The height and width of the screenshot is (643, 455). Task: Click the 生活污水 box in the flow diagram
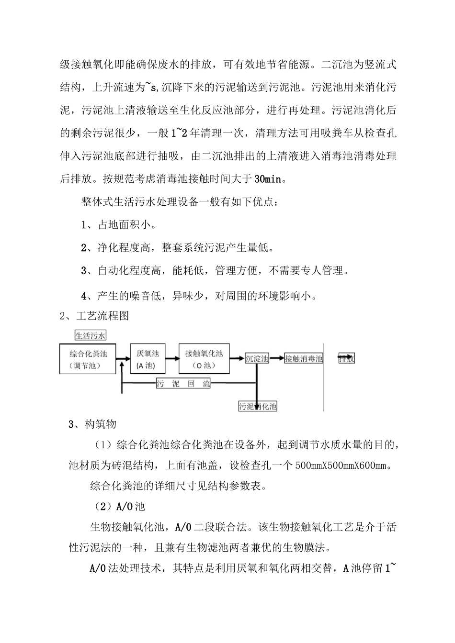[90, 335]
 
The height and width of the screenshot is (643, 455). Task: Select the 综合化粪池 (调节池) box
[88, 359]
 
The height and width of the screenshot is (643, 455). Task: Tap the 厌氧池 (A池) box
[148, 359]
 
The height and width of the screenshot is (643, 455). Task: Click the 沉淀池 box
[257, 358]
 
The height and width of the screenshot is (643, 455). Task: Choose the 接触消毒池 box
[304, 358]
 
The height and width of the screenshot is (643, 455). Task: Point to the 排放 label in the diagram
[346, 358]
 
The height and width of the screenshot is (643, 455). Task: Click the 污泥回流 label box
[184, 383]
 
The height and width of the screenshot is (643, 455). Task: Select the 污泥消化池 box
[258, 407]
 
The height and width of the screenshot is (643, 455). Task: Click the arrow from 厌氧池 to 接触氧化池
[171, 358]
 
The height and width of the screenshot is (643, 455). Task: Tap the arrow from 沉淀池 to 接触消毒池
[277, 358]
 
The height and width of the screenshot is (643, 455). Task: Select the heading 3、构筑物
[92, 424]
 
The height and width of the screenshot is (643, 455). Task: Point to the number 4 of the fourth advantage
[84, 296]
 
